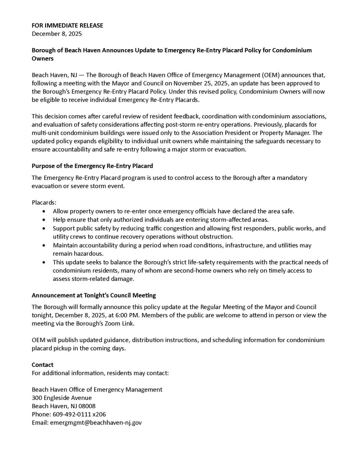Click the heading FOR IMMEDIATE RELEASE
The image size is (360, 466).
(x=67, y=25)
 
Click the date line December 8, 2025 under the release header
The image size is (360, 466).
(x=57, y=34)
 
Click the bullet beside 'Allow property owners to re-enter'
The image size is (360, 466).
(x=43, y=211)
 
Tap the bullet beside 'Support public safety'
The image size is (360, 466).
(x=43, y=228)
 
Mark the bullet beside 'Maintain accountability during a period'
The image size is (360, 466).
(x=43, y=245)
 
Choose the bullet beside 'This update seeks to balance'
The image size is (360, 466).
(x=43, y=262)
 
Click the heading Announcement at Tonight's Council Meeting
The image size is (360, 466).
(x=94, y=295)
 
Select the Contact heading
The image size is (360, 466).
(x=42, y=365)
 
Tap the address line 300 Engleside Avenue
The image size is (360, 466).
(x=61, y=398)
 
